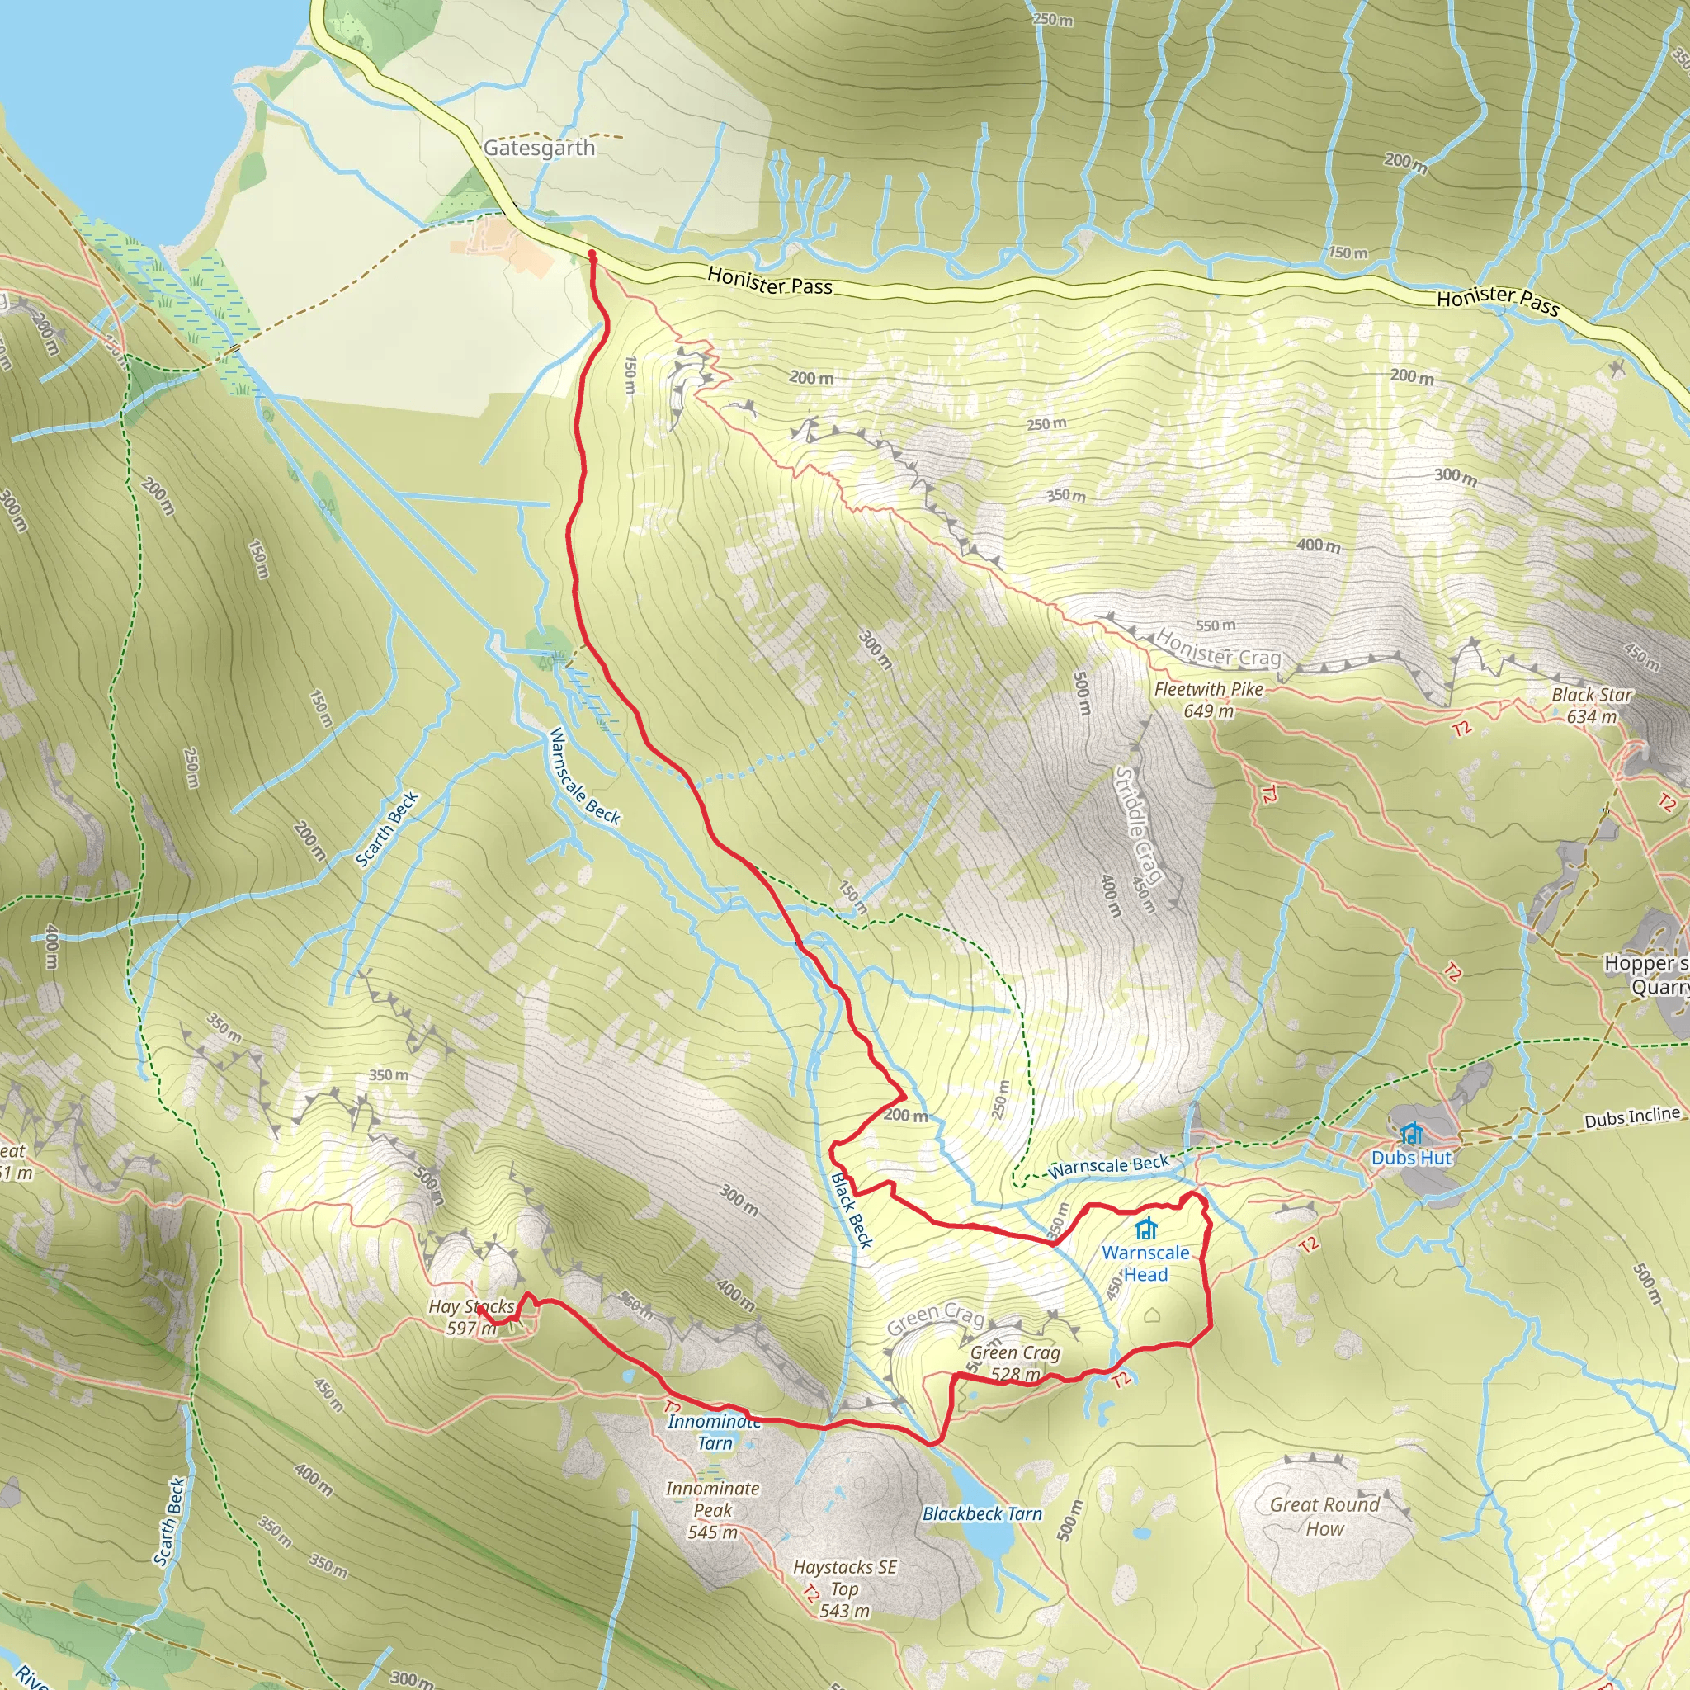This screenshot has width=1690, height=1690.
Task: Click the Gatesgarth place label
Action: point(539,148)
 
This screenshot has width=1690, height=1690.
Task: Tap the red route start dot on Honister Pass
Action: point(592,253)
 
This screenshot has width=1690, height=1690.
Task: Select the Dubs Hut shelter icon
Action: point(1411,1134)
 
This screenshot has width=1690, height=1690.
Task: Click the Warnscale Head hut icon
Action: point(1146,1229)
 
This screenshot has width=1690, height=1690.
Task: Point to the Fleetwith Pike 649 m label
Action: point(1209,700)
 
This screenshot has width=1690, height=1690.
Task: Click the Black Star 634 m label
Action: point(1592,705)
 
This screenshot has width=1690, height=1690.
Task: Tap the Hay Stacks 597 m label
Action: point(471,1316)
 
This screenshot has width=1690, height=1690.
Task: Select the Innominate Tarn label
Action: point(714,1432)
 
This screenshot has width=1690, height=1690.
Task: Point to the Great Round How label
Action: point(1324,1517)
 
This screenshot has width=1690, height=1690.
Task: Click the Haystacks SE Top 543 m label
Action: point(845,1589)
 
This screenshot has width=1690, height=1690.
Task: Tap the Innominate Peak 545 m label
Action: point(713,1510)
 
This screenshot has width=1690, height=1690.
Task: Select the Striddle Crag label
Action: point(1138,826)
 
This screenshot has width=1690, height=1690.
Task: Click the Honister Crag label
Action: point(1219,646)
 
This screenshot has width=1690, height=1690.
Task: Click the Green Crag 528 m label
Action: point(1015,1363)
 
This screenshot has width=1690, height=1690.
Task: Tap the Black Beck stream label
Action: point(851,1211)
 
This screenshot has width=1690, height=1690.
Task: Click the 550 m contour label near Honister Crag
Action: point(1216,625)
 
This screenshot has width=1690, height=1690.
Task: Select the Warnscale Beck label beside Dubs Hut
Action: point(1109,1166)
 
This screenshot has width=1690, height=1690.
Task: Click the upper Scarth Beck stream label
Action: point(388,829)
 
